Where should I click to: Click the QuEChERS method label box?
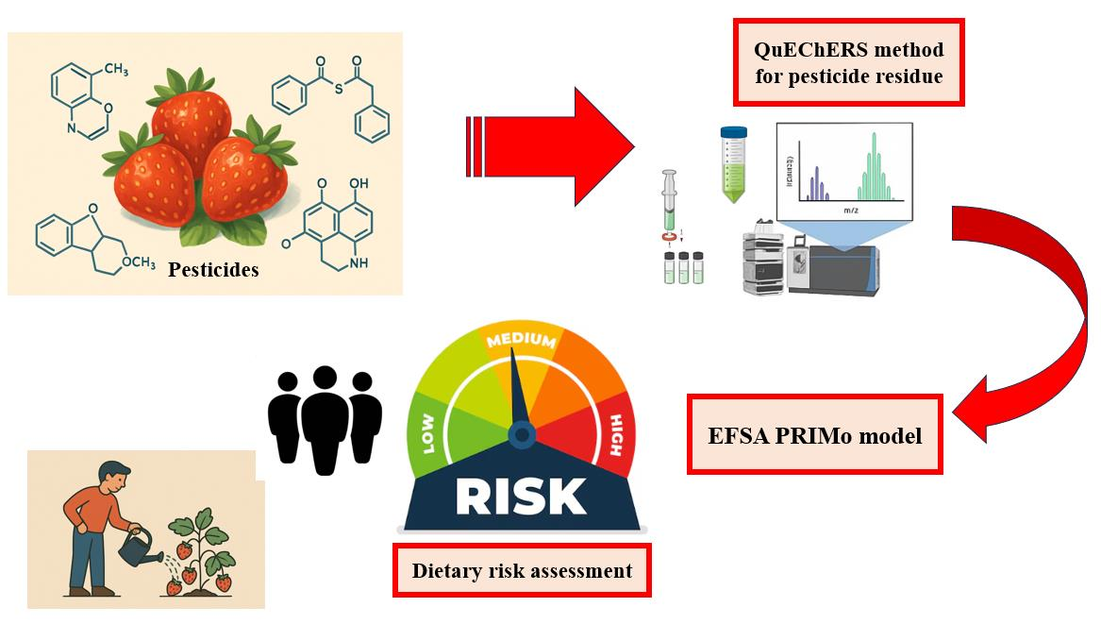[x=848, y=62]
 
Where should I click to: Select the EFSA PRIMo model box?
[x=814, y=435]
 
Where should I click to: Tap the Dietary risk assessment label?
[x=522, y=570]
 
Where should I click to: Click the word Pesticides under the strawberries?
[x=213, y=270]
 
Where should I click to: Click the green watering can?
[x=138, y=542]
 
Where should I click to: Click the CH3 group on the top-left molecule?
[x=115, y=68]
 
